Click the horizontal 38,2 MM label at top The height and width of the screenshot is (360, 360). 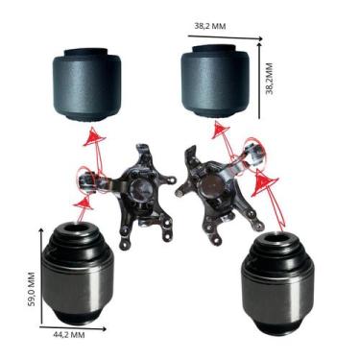[x=210, y=26]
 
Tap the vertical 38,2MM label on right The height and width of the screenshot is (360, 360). [x=270, y=79]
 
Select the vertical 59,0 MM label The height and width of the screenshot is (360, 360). [x=32, y=289]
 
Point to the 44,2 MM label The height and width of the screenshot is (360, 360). [x=69, y=335]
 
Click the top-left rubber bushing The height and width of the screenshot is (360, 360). [x=86, y=84]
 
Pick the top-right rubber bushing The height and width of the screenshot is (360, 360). [x=215, y=81]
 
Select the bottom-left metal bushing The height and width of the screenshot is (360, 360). [x=79, y=274]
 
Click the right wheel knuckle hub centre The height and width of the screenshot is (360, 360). [x=212, y=184]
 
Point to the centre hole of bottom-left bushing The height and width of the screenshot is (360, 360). [x=76, y=229]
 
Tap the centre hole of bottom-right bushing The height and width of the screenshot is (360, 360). [x=275, y=238]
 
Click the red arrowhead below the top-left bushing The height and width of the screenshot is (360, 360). [x=94, y=136]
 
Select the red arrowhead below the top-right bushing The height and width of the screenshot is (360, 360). [x=221, y=130]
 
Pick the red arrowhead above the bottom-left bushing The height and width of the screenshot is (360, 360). [x=84, y=204]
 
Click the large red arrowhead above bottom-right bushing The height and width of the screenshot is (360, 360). [x=263, y=183]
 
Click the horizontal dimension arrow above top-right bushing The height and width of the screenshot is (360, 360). [x=226, y=37]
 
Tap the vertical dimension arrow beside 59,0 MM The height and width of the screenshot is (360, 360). [x=41, y=276]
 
